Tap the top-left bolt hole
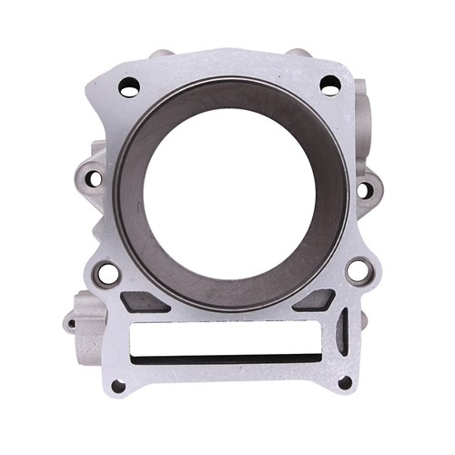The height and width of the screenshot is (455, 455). (x=129, y=87)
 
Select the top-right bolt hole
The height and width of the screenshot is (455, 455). (x=329, y=85)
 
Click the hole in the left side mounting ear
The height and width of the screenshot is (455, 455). (x=94, y=178)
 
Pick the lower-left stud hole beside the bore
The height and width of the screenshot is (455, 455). (x=107, y=272)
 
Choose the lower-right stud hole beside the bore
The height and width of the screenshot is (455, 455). (x=358, y=270)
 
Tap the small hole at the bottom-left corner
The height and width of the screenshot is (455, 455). (x=118, y=385)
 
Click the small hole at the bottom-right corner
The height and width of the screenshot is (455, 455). (x=345, y=382)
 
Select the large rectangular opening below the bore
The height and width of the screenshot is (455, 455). (x=232, y=336)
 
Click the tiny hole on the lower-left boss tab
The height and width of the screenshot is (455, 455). (x=71, y=323)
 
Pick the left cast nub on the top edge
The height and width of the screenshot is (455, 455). (x=161, y=54)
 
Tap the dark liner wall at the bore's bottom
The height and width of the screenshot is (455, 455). (x=232, y=293)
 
